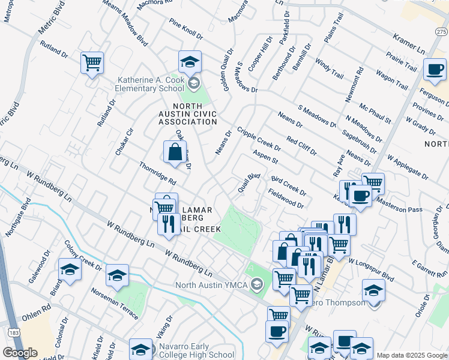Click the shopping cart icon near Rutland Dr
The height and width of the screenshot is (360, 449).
[x=92, y=62]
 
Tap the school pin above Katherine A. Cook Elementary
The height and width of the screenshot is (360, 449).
[x=190, y=62]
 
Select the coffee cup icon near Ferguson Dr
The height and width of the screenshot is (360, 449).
[x=435, y=68]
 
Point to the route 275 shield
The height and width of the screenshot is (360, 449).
[x=441, y=32]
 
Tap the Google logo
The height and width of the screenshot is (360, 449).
[x=20, y=353]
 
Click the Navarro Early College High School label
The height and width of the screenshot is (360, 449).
[x=196, y=350]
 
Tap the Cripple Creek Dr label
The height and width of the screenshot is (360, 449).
[x=259, y=139]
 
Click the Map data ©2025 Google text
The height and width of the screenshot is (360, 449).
[x=411, y=355]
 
